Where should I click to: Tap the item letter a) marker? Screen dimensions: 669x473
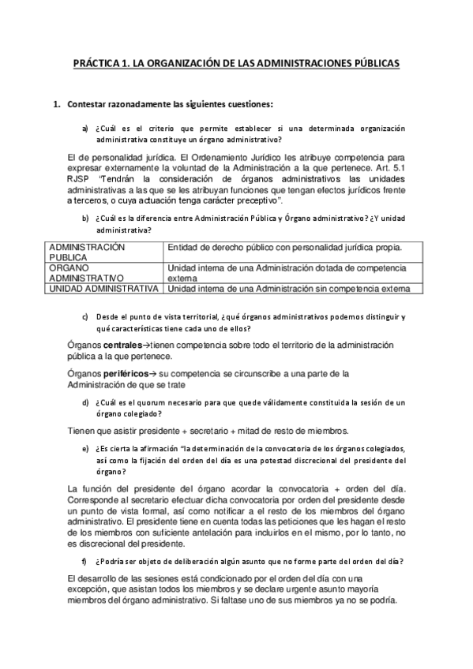tap(84, 128)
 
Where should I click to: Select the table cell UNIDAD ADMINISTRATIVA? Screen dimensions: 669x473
tap(103, 289)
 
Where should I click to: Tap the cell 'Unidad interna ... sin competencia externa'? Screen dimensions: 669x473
tap(289, 289)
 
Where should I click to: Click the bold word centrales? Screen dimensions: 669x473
tap(122, 346)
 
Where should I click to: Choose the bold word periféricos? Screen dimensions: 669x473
tap(127, 373)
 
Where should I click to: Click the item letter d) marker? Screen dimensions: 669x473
tap(84, 402)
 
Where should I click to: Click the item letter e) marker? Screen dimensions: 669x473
tap(84, 448)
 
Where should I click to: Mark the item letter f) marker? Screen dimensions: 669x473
tap(84, 561)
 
